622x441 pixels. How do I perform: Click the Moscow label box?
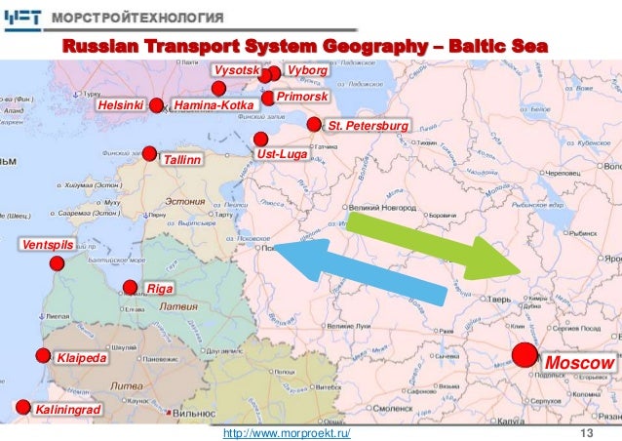point(580,363)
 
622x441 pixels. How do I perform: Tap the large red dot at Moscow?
point(525,355)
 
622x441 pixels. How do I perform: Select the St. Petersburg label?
point(366,127)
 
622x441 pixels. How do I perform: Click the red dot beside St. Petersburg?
point(314,125)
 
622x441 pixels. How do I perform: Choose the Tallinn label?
point(181,158)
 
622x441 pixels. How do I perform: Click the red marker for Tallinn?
point(149,152)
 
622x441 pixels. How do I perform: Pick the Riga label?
point(159,289)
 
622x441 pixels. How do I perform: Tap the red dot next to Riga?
point(131,287)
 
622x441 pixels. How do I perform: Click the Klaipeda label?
point(81,359)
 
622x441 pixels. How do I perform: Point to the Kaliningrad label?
point(68,411)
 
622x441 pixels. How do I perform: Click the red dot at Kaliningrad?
point(22,407)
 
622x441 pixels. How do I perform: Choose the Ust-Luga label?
point(282,154)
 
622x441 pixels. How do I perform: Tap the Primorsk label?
point(302,99)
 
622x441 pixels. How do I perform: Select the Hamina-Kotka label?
point(212,105)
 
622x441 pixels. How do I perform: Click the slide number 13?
point(587,432)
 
